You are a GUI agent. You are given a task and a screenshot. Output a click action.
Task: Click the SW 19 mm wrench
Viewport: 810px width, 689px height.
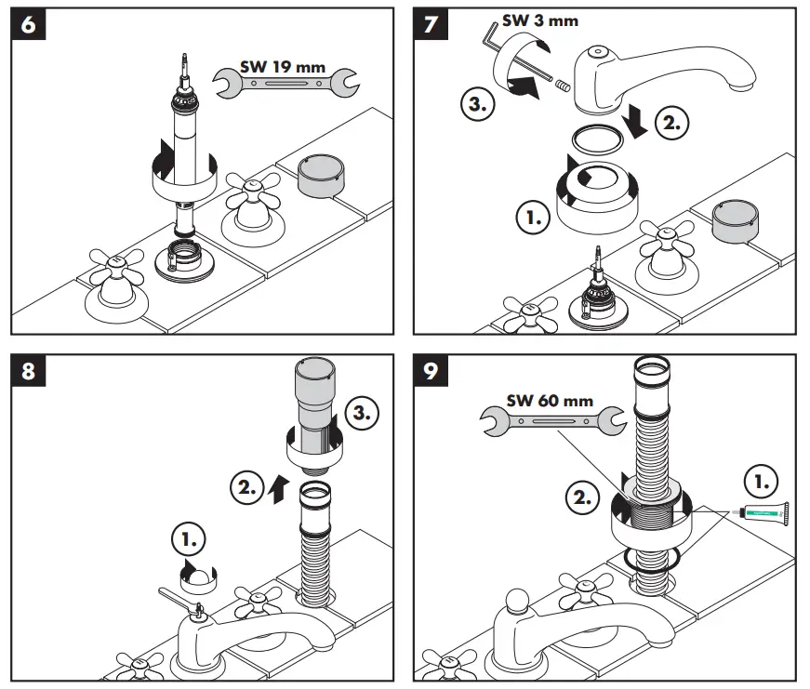click(x=286, y=82)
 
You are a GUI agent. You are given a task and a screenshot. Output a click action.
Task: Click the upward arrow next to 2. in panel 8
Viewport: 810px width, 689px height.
click(x=276, y=491)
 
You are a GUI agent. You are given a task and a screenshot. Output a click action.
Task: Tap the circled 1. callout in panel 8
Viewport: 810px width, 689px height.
click(x=192, y=538)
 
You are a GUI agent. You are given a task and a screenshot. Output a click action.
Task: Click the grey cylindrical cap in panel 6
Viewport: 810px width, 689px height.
click(x=324, y=173)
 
